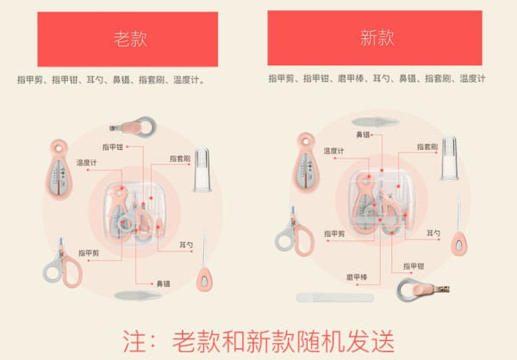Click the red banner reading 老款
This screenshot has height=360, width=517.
(x=128, y=40)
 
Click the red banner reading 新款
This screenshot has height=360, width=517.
(x=375, y=38)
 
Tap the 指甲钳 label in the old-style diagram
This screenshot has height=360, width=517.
(x=112, y=147)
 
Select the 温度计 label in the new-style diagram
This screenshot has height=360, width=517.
(x=333, y=151)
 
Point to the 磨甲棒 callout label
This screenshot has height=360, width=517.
(x=357, y=277)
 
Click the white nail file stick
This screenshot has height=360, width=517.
(x=335, y=298)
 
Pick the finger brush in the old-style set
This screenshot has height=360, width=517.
(x=202, y=169)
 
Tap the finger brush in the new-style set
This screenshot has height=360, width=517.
(x=450, y=158)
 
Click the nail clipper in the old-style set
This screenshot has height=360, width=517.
(x=134, y=127)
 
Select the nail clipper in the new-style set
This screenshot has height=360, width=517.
(x=422, y=289)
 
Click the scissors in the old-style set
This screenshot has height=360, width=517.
(x=63, y=264)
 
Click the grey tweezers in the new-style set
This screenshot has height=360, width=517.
(x=375, y=122)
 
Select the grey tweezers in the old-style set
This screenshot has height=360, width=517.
(x=138, y=295)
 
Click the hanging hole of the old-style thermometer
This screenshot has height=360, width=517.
(x=59, y=148)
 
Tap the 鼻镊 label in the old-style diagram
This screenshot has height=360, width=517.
(x=163, y=283)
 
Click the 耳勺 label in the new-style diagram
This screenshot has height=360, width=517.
(x=433, y=233)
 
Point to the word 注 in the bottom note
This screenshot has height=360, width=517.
(x=134, y=341)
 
